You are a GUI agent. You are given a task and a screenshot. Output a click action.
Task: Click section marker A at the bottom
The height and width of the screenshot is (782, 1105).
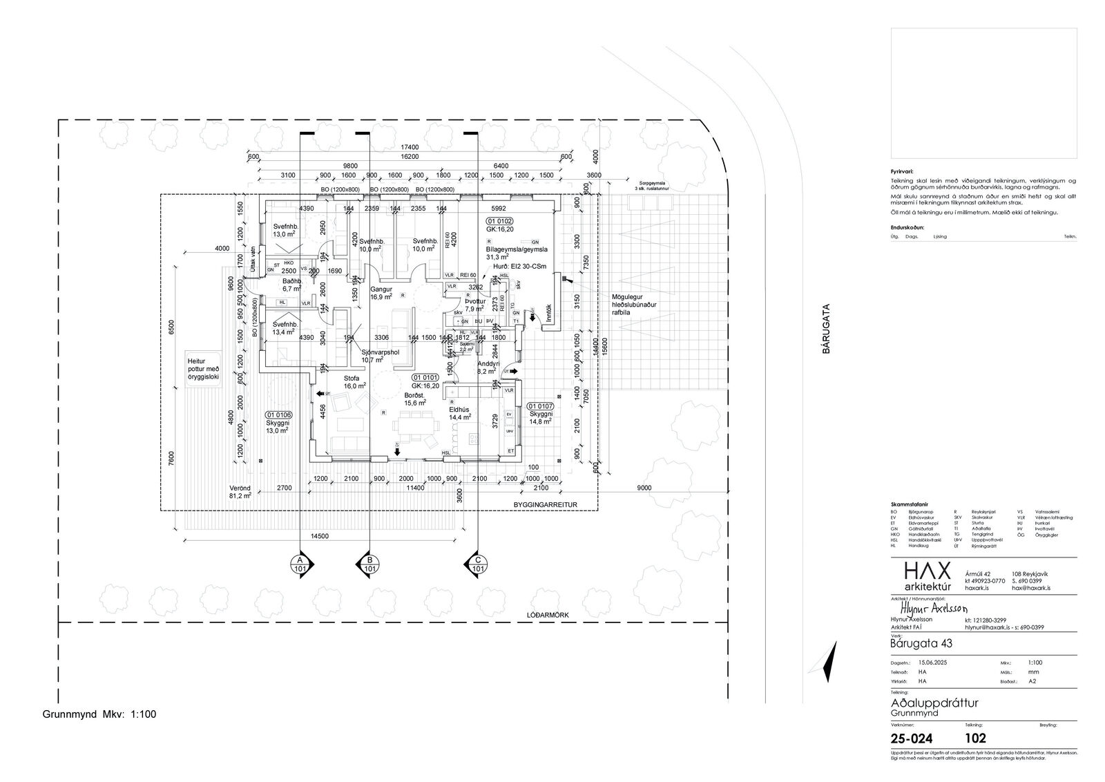pos(299,562)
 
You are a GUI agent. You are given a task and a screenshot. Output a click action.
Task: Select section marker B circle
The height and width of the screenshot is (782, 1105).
pos(369,562)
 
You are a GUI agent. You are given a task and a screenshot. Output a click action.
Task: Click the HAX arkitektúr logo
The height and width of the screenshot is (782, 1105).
pos(928,576)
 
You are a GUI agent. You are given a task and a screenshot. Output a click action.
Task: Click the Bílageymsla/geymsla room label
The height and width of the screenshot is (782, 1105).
pos(517,249)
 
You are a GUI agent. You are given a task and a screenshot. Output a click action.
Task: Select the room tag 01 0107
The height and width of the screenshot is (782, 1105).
pos(541,406)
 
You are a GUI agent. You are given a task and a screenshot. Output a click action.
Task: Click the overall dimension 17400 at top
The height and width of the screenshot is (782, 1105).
pos(410,147)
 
